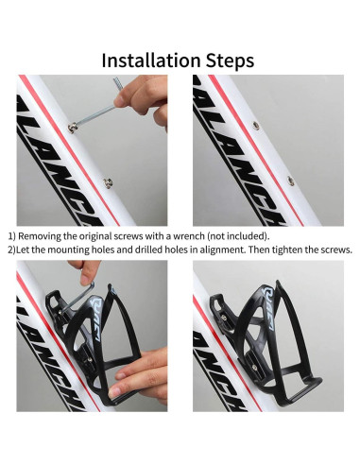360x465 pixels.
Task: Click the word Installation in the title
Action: pos(151,60)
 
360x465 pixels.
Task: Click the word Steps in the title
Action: pos(230,60)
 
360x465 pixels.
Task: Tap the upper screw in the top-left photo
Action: pos(73,128)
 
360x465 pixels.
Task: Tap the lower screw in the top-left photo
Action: pos(109,182)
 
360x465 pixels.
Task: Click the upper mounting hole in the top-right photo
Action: pos(256,126)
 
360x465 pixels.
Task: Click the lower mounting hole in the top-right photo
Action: pos(291,181)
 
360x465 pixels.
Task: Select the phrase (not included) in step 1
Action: pos(239,236)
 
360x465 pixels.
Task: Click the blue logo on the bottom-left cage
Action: pos(97,319)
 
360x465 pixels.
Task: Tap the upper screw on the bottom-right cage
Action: pos(224,318)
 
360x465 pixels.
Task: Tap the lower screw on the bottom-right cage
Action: pos(254,368)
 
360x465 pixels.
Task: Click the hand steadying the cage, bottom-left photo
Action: pos(139,375)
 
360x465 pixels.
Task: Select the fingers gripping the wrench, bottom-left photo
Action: pos(84,271)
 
